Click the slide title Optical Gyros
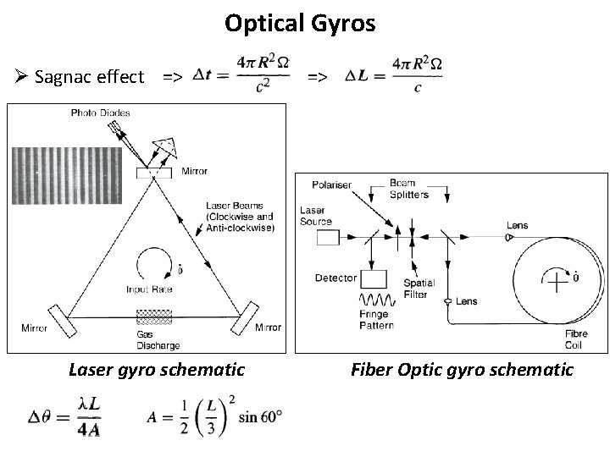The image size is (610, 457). point(300,23)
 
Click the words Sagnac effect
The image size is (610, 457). point(90,77)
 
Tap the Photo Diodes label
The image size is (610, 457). point(101,113)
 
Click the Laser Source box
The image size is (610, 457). point(326,238)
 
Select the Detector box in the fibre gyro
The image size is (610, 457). point(374,278)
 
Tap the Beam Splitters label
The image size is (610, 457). point(409,190)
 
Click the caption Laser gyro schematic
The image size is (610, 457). point(157,370)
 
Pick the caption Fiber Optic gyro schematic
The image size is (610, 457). point(462,370)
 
